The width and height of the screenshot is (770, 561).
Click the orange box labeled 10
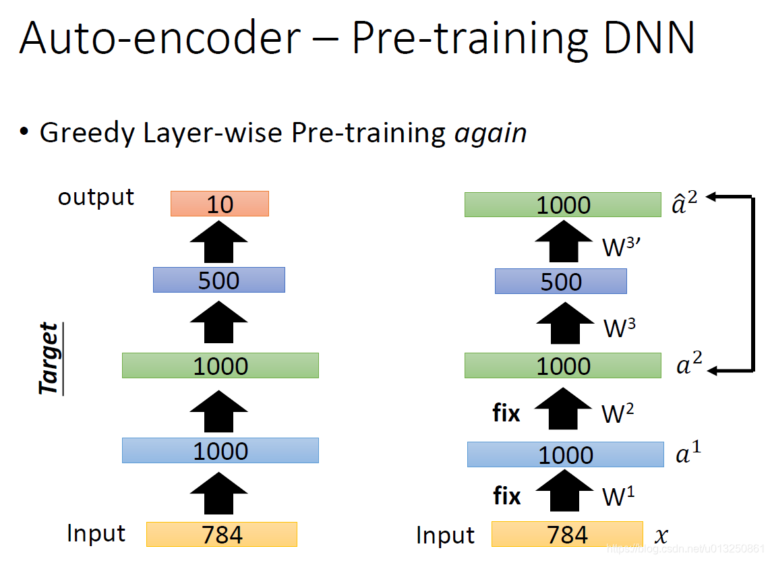[220, 204]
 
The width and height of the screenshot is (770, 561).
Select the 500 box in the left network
[219, 280]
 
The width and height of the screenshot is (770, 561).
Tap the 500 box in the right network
[561, 281]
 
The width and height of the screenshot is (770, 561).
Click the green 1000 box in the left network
[220, 365]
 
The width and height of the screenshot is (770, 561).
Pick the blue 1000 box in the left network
[220, 450]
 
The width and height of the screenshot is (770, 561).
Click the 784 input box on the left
[222, 534]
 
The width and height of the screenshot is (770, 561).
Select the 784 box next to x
[567, 534]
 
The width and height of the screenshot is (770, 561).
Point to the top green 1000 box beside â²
[563, 205]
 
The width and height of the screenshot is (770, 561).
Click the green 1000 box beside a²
[563, 365]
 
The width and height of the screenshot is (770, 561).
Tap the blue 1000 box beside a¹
[566, 454]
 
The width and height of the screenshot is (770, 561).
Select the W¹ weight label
[618, 497]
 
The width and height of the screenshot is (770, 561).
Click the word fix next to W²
[506, 413]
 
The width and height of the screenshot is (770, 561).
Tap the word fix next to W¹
[506, 497]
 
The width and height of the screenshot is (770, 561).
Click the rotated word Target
[49, 359]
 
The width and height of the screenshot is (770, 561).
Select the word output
[96, 198]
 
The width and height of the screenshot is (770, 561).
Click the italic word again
[490, 133]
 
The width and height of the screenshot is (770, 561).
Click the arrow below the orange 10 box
[220, 243]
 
